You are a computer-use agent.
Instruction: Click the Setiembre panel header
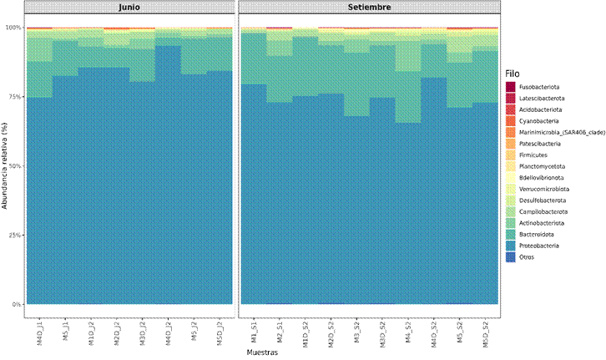(370, 8)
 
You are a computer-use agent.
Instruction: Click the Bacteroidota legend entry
(538, 235)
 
